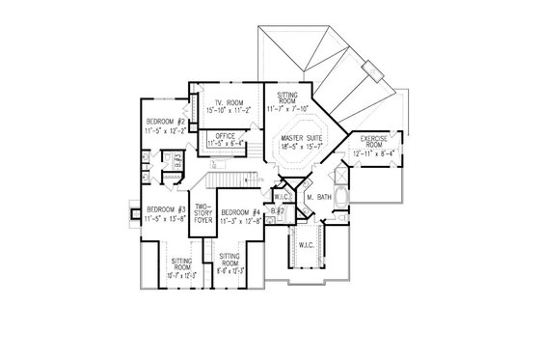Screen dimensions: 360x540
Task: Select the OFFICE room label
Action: tap(228, 135)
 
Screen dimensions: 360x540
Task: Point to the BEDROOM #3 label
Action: tap(159, 209)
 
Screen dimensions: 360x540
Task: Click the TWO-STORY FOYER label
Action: tap(202, 212)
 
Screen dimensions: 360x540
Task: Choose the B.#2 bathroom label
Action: tap(278, 209)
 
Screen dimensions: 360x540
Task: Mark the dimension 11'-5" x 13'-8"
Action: tap(159, 219)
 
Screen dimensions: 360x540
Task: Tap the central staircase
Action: tap(231, 179)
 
